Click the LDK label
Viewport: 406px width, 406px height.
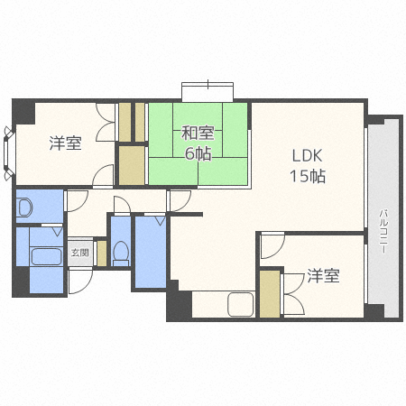click(307, 154)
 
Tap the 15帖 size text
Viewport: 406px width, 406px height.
click(307, 176)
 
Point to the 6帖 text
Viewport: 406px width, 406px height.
click(197, 154)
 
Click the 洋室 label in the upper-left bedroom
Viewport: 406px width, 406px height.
click(65, 143)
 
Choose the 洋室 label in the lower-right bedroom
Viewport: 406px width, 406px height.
click(322, 276)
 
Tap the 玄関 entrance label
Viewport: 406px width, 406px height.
click(79, 254)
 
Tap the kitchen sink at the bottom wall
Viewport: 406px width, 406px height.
click(241, 304)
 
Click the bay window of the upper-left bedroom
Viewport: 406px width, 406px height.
click(9, 149)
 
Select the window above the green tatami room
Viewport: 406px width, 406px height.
click(208, 91)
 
